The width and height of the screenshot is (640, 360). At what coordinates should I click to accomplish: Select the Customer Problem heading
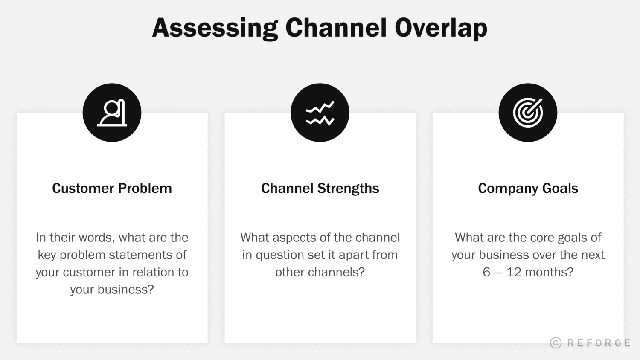coord(112,188)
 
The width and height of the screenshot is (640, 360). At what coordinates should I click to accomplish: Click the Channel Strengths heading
coord(320,188)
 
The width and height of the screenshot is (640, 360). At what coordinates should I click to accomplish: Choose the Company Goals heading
coord(528,188)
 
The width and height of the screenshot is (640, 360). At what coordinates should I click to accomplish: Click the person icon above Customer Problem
coord(112,113)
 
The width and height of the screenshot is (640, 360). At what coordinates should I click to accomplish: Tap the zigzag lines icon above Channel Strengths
coord(320,113)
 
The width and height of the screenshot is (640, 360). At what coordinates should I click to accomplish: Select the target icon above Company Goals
coord(528,113)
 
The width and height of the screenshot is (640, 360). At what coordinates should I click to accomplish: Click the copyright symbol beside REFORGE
coord(556,343)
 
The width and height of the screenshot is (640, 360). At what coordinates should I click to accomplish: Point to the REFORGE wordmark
coord(599,343)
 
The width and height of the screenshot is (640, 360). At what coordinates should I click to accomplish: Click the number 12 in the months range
coord(513,272)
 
